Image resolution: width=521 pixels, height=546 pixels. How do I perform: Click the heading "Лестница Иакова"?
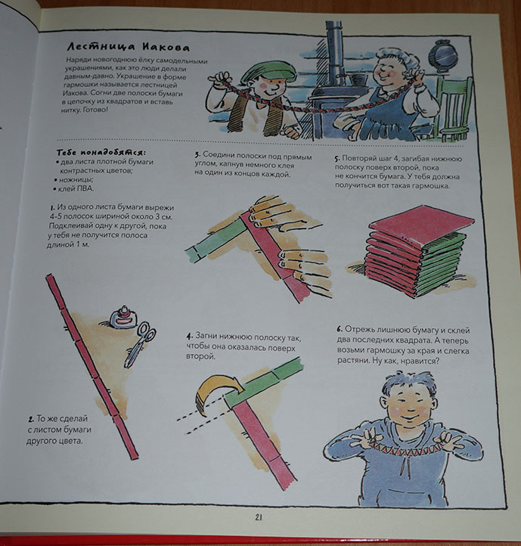[129, 48]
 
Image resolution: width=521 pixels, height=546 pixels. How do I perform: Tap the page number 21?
[259, 517]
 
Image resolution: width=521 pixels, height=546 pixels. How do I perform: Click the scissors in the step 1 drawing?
[140, 345]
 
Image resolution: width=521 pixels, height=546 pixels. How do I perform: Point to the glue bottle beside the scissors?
[123, 318]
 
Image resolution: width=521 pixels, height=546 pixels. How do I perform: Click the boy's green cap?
[268, 73]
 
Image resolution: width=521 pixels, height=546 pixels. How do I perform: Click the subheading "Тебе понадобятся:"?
[101, 152]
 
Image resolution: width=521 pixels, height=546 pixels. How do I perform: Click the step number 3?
[197, 155]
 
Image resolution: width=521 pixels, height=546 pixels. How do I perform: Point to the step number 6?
[340, 329]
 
